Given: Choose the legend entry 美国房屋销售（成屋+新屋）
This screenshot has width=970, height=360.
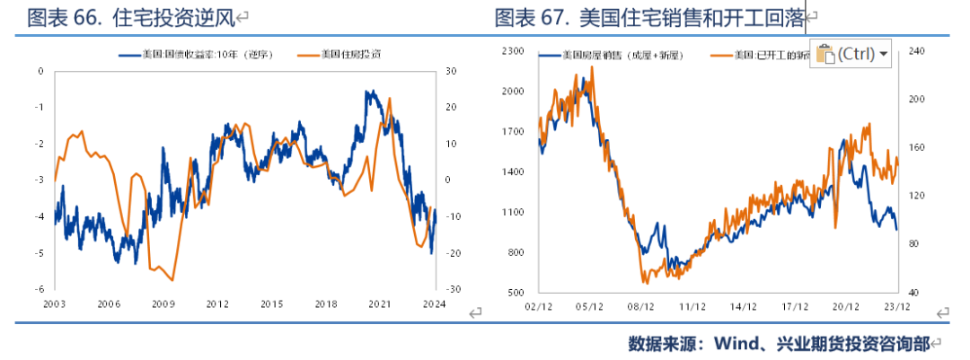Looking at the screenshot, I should tap(620, 55).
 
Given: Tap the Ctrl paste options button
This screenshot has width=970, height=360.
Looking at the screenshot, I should tap(850, 54).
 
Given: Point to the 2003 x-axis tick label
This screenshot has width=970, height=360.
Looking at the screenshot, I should tap(54, 304).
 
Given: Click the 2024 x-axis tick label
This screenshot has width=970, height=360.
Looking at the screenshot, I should tap(435, 304).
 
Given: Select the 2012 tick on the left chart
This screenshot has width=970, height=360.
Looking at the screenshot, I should tap(217, 304).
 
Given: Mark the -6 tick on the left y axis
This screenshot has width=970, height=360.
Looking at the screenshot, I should tap(40, 289).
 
